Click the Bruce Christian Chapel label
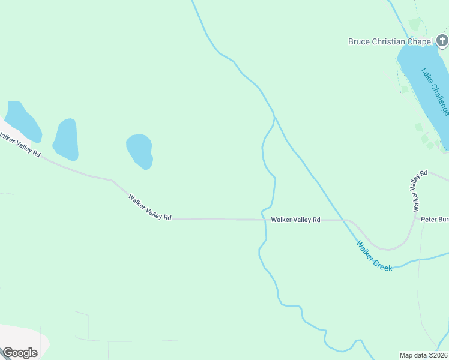(x=390, y=41)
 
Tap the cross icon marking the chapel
(x=442, y=41)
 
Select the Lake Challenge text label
(x=435, y=91)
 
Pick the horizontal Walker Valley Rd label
(x=295, y=220)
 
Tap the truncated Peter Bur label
(x=434, y=220)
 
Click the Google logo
(x=20, y=353)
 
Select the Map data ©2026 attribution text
(x=424, y=355)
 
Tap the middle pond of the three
(x=66, y=139)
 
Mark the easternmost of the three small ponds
(x=139, y=151)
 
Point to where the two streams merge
(x=274, y=116)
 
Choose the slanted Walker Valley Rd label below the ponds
(x=150, y=207)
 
